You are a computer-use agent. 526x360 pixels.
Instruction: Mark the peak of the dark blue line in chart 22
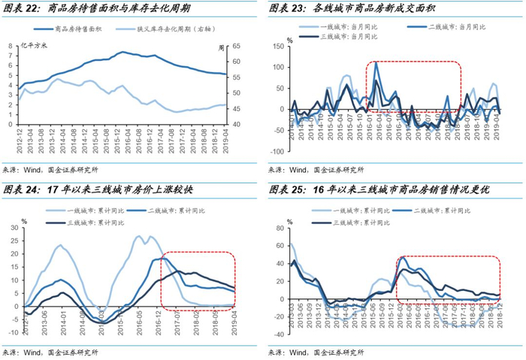[x=122, y=53]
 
